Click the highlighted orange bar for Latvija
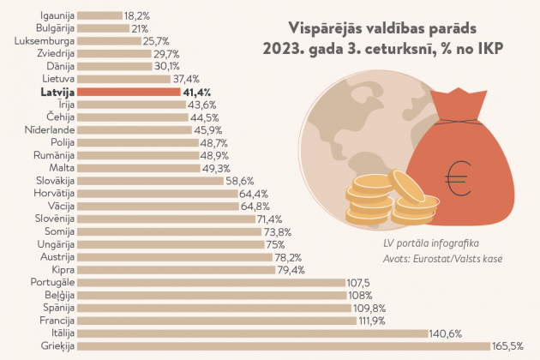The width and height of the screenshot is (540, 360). pyautogui.click(x=128, y=91)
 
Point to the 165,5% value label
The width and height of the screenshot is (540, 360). pyautogui.click(x=507, y=346)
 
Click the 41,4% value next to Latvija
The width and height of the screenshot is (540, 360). pyautogui.click(x=197, y=91)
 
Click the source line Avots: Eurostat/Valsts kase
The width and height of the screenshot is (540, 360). pyautogui.click(x=442, y=258)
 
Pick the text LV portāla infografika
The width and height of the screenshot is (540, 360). pyautogui.click(x=431, y=243)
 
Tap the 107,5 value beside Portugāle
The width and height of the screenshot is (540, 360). pyautogui.click(x=358, y=282)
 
